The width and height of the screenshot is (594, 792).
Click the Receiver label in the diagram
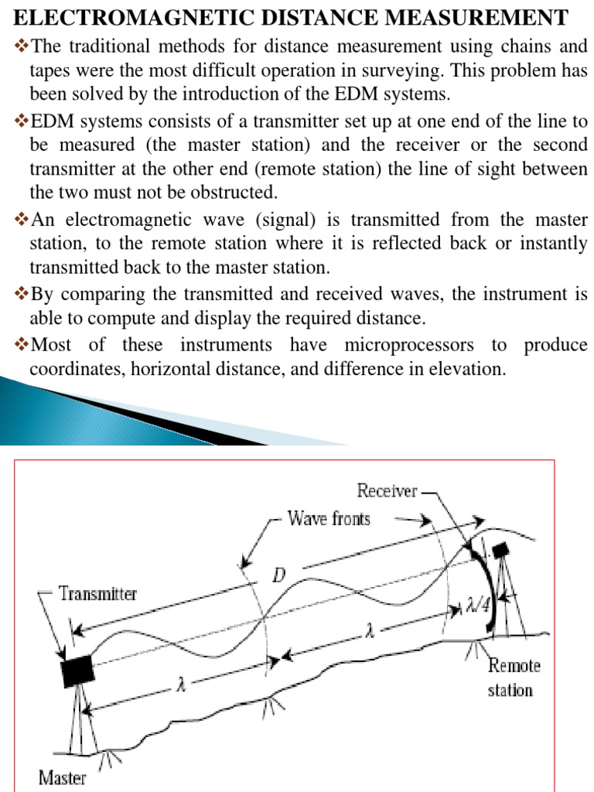tap(387, 490)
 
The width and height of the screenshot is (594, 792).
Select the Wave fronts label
tap(329, 518)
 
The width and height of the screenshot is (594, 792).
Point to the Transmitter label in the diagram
tap(98, 594)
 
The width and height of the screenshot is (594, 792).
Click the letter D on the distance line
tap(280, 576)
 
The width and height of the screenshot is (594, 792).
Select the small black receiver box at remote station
tap(500, 550)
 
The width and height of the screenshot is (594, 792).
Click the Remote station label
tap(514, 677)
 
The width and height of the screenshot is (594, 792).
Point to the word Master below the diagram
tap(63, 777)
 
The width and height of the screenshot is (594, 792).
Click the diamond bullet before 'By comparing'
tap(21, 295)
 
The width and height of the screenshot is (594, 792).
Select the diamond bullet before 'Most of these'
tap(21, 345)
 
